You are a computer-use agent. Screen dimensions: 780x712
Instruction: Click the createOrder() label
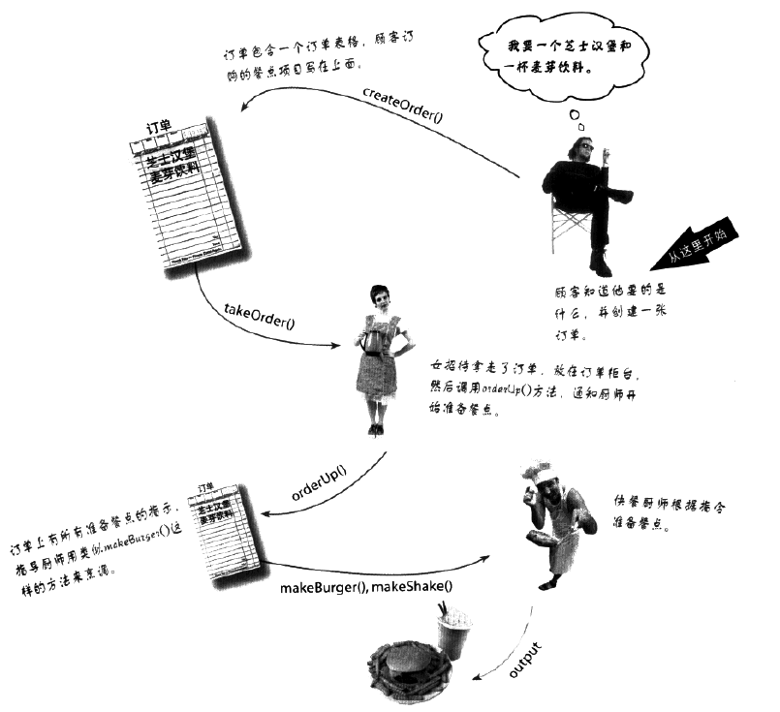click(401, 95)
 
